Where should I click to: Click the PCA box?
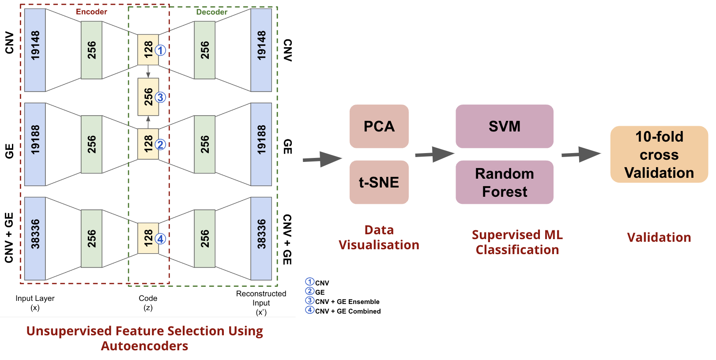[x=379, y=126]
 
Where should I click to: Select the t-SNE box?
[x=379, y=182]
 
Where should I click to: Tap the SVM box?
[x=504, y=126]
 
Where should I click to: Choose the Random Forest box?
[x=504, y=182]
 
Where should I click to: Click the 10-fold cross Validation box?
[x=659, y=154]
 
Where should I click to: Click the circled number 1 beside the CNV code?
[x=161, y=50]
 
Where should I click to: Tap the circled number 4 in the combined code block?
[x=161, y=239]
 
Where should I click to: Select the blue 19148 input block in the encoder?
[x=35, y=50]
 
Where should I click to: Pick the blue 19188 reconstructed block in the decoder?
[x=261, y=144]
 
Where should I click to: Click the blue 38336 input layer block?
[x=35, y=238]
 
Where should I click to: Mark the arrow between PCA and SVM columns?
[x=434, y=154]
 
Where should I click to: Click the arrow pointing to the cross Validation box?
[x=581, y=154]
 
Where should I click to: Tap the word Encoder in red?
[x=91, y=12]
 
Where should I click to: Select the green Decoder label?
[x=211, y=12]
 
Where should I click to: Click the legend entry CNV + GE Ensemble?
[x=347, y=302]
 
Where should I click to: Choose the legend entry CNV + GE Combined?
[x=347, y=311]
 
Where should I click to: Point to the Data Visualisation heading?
[x=379, y=237]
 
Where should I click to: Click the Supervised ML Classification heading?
[x=517, y=242]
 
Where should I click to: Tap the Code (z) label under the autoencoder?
[x=148, y=303]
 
